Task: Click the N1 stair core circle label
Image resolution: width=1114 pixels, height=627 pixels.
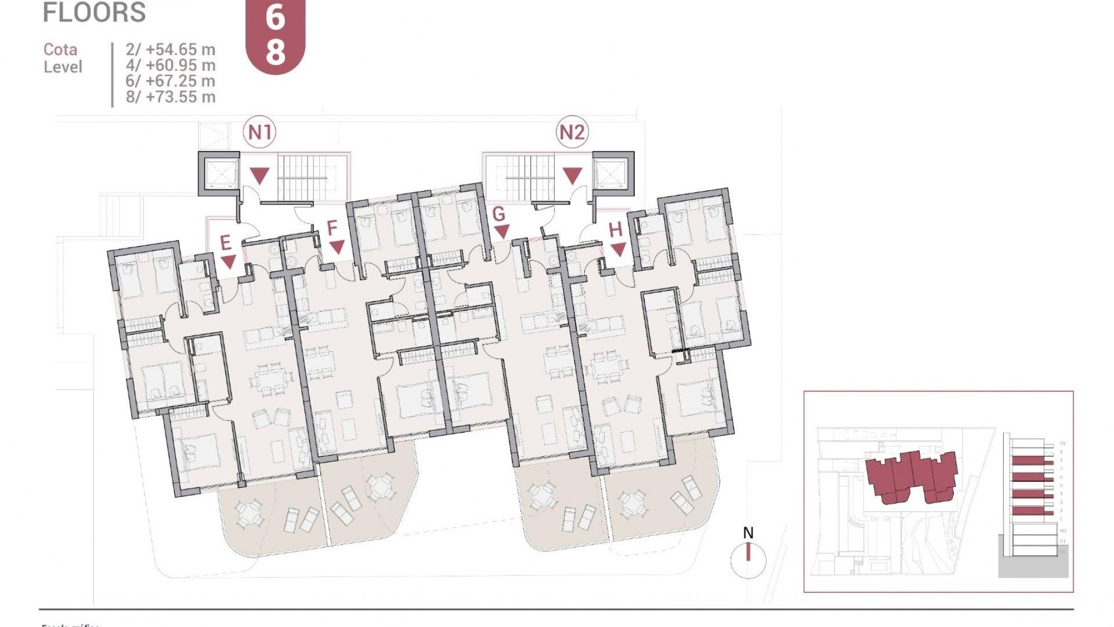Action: point(259,133)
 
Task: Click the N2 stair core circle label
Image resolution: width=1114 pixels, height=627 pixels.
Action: point(572,133)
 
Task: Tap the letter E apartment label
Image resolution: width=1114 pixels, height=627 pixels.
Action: point(226,243)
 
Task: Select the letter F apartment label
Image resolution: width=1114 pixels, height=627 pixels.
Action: point(332,228)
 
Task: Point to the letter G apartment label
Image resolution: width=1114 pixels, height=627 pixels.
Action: point(498,214)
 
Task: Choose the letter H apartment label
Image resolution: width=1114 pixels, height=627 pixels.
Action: point(616,230)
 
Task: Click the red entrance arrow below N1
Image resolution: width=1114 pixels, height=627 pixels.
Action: point(259,175)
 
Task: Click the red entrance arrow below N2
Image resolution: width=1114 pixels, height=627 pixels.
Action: point(573,175)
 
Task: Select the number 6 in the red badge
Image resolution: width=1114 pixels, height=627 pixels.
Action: point(276,17)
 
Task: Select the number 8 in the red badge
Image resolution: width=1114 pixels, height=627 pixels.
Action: point(276,51)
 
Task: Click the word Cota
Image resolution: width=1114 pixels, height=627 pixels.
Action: point(60,50)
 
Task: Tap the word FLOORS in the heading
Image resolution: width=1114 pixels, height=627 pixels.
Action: point(94,13)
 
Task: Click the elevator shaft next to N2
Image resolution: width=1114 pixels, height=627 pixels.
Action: point(613,172)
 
